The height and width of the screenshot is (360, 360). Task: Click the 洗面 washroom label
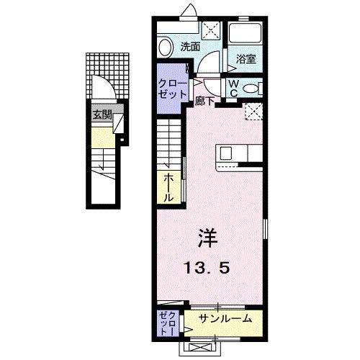190,48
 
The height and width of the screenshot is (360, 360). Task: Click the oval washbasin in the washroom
166,48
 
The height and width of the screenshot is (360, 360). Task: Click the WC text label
235,87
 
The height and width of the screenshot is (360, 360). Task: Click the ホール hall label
168,186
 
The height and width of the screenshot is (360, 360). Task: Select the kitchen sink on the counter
226,153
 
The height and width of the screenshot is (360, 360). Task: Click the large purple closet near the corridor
172,89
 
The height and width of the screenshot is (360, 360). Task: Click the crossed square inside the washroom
211,31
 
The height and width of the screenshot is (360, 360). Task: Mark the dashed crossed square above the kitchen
253,112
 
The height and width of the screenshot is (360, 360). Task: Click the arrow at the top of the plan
189,10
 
